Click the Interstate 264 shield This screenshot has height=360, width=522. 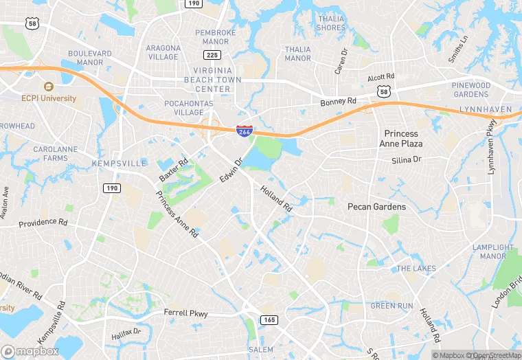[x=244, y=130]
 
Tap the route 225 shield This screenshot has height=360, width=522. [x=212, y=55]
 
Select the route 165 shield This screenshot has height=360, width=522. [x=269, y=319]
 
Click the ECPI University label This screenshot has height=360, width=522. [x=68, y=98]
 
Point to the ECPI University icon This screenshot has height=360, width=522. [x=48, y=87]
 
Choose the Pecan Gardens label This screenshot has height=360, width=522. [x=376, y=207]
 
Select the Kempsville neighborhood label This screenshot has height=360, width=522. [x=119, y=164]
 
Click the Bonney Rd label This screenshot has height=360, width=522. [x=339, y=102]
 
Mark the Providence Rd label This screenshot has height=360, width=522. [x=43, y=223]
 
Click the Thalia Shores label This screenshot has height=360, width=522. [x=331, y=23]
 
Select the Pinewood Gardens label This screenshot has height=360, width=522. [x=470, y=89]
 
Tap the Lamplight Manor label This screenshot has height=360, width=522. [x=497, y=251]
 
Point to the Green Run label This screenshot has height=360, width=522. [x=392, y=305]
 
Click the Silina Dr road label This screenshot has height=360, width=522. [x=407, y=159]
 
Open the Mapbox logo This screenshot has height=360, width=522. [x=30, y=351]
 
